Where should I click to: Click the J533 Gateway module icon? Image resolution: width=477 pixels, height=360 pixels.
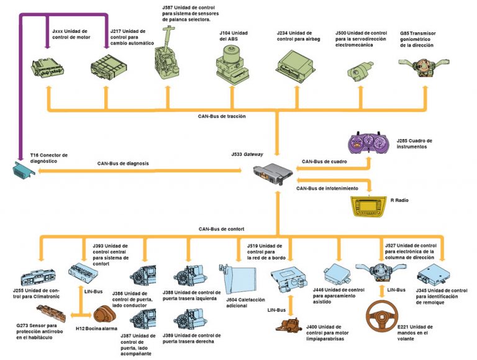(274, 173)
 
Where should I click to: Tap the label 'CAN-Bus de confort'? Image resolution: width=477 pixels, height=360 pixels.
(222, 229)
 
